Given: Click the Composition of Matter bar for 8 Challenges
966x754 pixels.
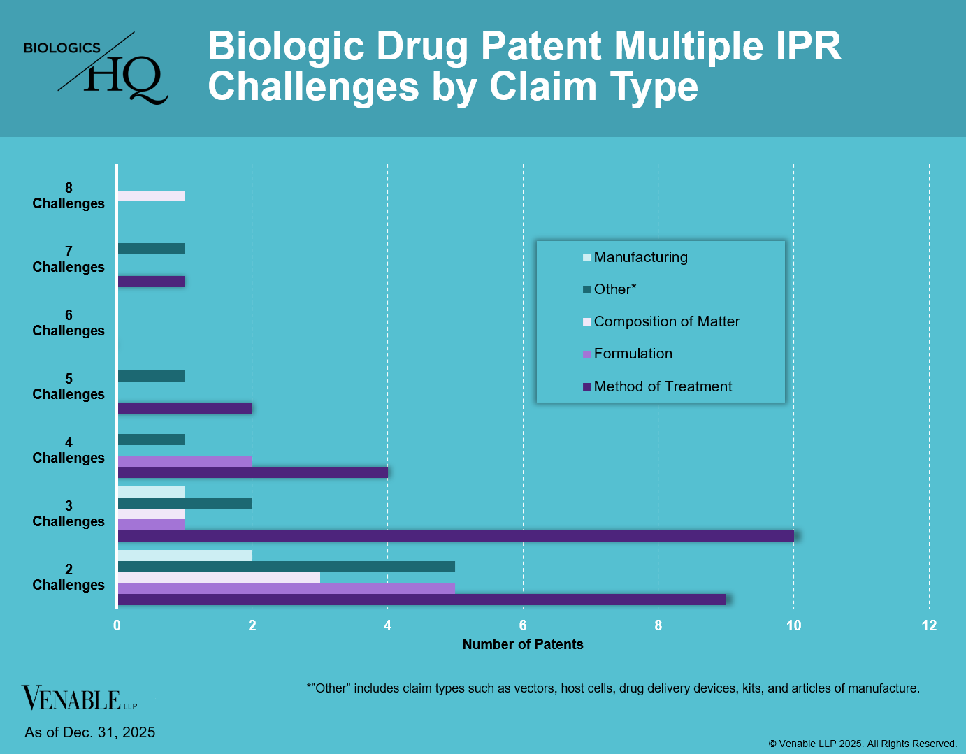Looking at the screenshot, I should tap(151, 196).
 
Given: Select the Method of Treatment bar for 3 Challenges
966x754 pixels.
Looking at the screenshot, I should tap(455, 536).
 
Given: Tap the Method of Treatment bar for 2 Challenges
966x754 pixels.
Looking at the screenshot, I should tap(421, 600).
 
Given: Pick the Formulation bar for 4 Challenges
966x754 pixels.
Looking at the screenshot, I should tap(185, 461).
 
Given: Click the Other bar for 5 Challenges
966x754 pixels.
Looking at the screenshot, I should tap(151, 376).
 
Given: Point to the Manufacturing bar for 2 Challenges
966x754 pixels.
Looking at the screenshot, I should tap(185, 556).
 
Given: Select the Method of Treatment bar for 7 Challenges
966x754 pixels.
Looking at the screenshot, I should tap(151, 282).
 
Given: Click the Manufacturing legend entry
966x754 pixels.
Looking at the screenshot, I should tap(640, 257).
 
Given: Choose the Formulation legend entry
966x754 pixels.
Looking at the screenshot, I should tap(632, 354).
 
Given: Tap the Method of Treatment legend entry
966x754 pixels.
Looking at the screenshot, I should tap(662, 386).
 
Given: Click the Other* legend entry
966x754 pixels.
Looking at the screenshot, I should tap(614, 289).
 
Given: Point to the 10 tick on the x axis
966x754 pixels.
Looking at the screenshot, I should tap(793, 625).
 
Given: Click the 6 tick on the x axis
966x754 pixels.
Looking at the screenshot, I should tap(523, 625).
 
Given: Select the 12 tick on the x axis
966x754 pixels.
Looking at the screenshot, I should tap(929, 625).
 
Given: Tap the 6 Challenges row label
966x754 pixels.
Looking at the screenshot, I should tap(69, 324).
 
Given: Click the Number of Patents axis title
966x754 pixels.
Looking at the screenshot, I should tap(523, 644).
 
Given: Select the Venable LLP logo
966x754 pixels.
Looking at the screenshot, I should tap(79, 698).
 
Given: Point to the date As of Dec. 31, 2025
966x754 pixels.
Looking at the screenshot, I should tap(90, 732).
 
